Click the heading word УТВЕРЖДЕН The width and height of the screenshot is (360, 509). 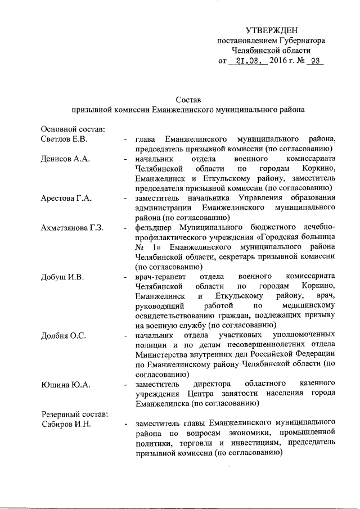click(x=272, y=30)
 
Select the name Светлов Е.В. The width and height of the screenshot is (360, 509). click(x=64, y=139)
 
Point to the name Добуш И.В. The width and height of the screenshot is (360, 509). click(x=62, y=276)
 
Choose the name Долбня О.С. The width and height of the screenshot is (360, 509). click(x=64, y=336)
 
